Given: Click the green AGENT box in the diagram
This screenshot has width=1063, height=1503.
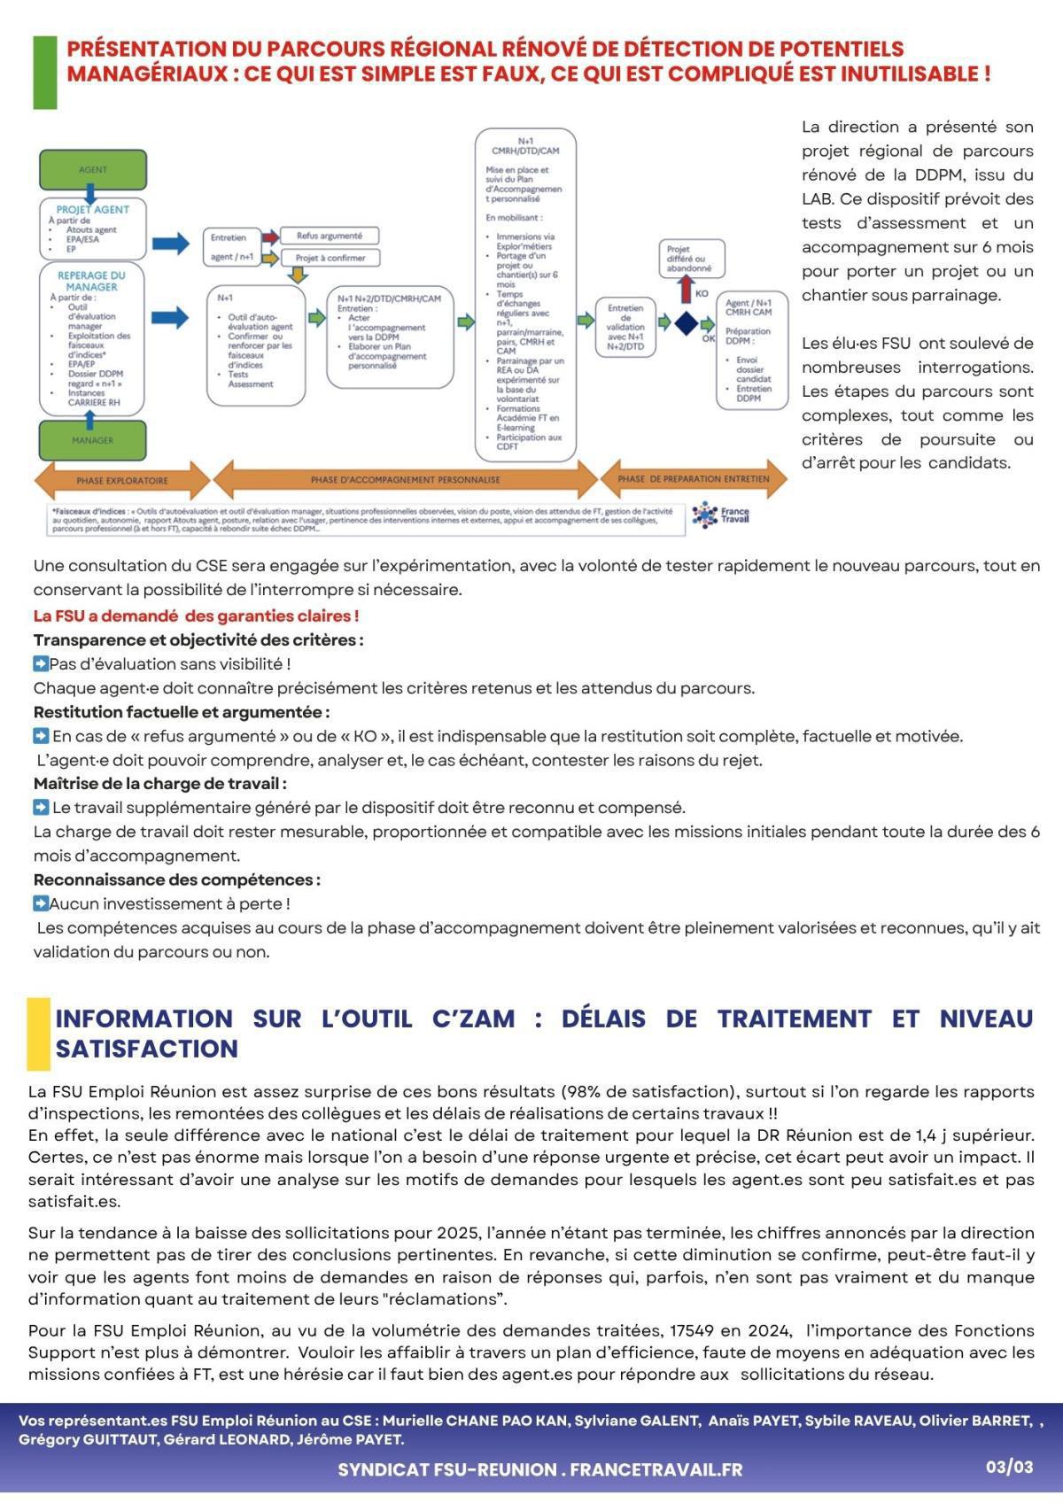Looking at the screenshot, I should (x=93, y=169).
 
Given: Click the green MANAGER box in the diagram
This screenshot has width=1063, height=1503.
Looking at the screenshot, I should (x=93, y=440).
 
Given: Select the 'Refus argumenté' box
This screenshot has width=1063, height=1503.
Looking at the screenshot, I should (x=330, y=236).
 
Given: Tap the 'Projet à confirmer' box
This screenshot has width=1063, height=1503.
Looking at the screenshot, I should (x=330, y=258).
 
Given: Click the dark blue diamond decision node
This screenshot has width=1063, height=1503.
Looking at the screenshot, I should (x=686, y=323).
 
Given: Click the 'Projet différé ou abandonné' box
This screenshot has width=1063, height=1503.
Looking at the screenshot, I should (x=691, y=258).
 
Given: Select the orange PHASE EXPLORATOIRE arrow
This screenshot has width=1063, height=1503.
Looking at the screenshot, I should (x=122, y=480).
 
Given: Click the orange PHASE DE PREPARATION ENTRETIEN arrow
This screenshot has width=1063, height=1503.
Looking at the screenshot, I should (x=694, y=478).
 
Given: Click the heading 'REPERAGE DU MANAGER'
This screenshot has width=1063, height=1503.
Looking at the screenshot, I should (x=91, y=281).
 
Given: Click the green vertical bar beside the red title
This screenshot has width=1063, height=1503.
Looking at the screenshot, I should (x=44, y=73).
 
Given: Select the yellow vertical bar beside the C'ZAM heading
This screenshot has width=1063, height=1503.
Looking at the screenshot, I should (x=38, y=1033).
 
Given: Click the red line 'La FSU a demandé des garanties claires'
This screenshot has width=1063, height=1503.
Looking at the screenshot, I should (x=196, y=616).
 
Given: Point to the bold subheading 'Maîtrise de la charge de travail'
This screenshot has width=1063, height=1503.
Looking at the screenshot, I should (x=159, y=784).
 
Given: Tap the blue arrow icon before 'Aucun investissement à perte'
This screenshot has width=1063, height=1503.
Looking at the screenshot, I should (x=41, y=903).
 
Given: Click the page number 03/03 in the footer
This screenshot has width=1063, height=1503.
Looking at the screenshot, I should (x=1010, y=1467).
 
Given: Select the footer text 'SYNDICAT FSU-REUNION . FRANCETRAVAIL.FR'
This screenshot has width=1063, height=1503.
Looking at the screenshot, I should (x=539, y=1469).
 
